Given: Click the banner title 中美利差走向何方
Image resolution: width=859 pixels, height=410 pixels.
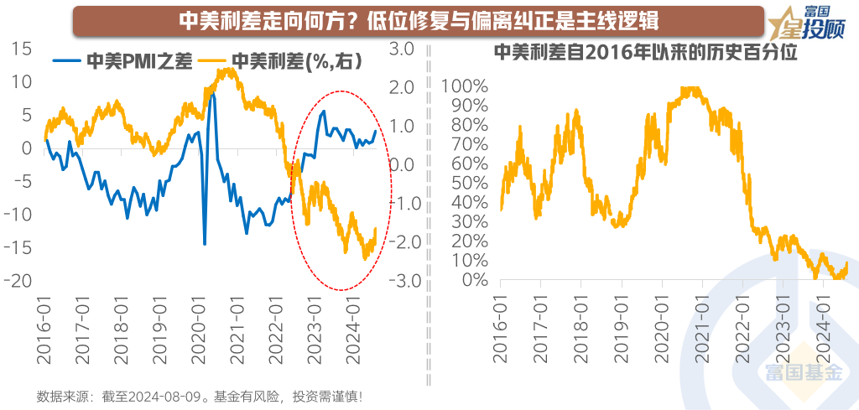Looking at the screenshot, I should pyautogui.click(x=419, y=20).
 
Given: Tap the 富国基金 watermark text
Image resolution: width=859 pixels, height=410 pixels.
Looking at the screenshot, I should pyautogui.click(x=798, y=374).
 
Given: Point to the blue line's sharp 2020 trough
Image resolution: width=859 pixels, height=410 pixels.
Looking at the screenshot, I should pyautogui.click(x=204, y=244).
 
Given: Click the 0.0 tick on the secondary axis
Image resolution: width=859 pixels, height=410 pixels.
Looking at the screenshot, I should pyautogui.click(x=406, y=164).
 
